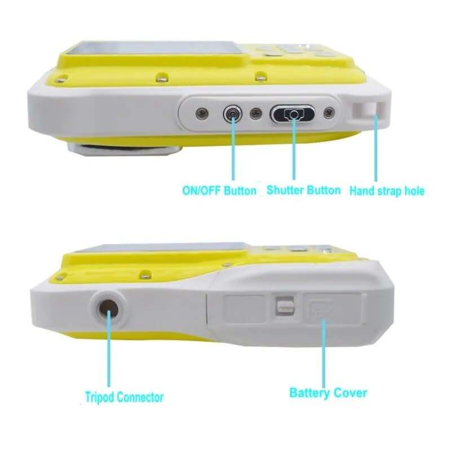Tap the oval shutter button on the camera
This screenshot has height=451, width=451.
(292, 114)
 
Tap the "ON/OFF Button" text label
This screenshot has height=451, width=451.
(219, 191)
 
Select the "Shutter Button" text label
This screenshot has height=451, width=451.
(303, 190)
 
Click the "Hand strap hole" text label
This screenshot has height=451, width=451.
(387, 191)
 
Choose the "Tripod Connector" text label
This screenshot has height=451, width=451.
(124, 397)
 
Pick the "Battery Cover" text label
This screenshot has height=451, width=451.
(328, 392)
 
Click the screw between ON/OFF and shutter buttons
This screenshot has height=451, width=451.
(256, 114)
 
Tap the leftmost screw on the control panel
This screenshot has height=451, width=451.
(199, 114)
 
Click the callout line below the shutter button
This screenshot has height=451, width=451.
(293, 152)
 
